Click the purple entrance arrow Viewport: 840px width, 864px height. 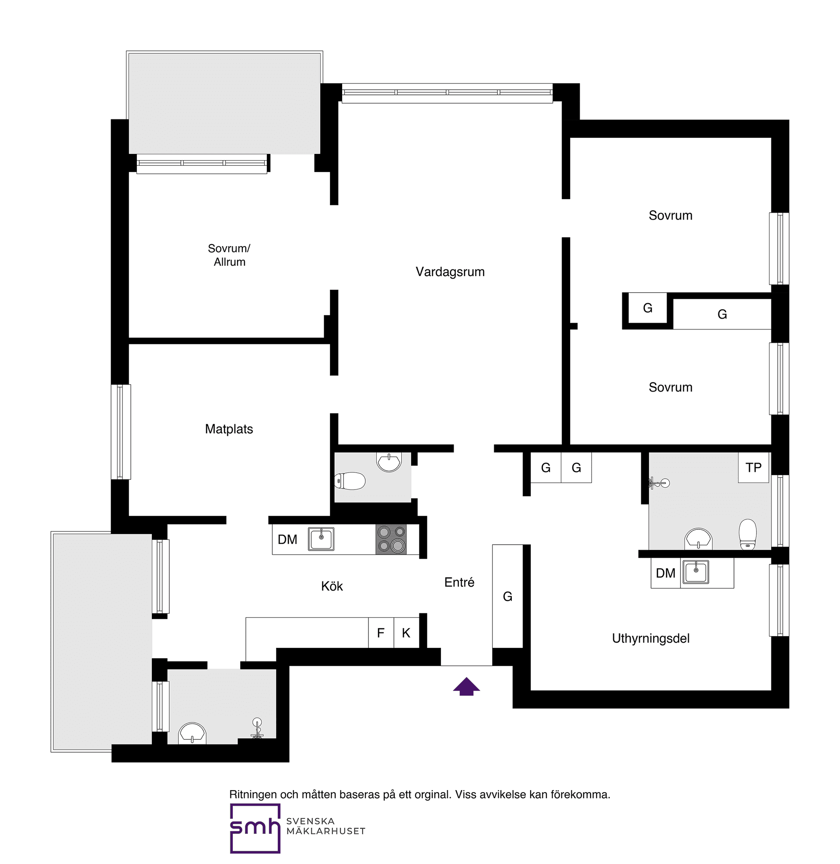[x=466, y=687]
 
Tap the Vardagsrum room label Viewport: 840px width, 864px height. [x=450, y=272]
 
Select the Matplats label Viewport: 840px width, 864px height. [x=229, y=429]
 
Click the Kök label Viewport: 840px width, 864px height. [x=332, y=586]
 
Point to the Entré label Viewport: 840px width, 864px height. [x=459, y=582]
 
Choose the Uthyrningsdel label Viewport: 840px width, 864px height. [x=650, y=638]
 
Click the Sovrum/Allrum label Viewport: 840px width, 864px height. [x=229, y=255]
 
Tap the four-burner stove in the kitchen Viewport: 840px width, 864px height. [x=391, y=539]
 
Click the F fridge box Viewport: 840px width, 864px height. [x=381, y=633]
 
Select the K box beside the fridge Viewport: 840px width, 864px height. [x=406, y=633]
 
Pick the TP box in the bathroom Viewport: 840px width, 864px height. [x=753, y=468]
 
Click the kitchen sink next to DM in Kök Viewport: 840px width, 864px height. [x=321, y=539]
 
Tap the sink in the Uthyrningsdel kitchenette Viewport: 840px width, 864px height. [x=696, y=572]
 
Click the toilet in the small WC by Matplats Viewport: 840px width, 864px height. [x=350, y=481]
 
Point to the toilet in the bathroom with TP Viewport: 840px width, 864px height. [x=747, y=534]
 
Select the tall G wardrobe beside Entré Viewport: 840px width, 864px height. [x=507, y=596]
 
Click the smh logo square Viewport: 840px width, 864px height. [x=255, y=828]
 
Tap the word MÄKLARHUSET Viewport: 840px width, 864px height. [x=325, y=831]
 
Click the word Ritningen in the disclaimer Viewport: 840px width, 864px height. [x=253, y=794]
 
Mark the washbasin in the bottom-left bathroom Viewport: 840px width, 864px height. [x=192, y=734]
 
